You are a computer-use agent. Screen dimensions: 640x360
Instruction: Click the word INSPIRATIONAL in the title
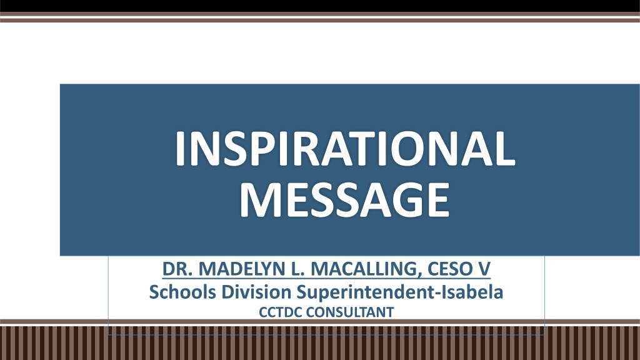tap(345, 149)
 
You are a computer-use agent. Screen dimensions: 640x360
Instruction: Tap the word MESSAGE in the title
tap(344, 200)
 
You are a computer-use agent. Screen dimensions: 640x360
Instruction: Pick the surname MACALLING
tap(364, 269)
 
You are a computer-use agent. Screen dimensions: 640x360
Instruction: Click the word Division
tap(256, 292)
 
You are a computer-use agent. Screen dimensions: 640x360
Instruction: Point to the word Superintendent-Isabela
tap(399, 292)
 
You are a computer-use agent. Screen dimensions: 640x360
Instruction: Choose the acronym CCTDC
tap(280, 312)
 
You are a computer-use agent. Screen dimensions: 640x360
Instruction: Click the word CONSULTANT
tap(350, 312)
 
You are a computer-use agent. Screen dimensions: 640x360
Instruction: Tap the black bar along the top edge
tap(320, 6)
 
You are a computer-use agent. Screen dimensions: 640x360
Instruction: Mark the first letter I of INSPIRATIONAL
tap(181, 149)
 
